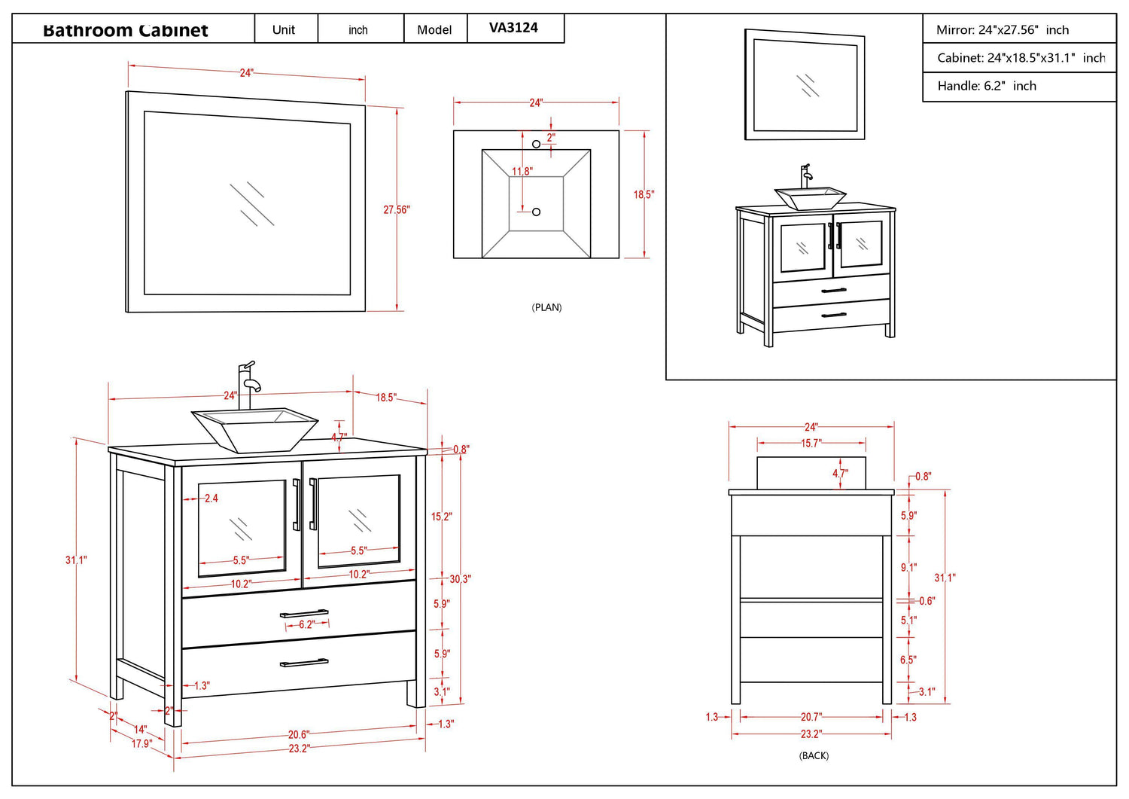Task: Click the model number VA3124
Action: pos(513,28)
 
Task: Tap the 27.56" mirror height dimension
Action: pos(397,209)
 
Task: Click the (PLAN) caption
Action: pos(546,307)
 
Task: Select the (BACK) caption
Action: pos(814,755)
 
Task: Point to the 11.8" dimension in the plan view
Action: pos(522,172)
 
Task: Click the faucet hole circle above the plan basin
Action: pos(536,144)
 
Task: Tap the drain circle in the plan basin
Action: pos(536,212)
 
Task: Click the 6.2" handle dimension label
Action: pos(306,624)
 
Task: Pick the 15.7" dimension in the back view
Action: pos(811,444)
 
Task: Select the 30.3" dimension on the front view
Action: pos(460,579)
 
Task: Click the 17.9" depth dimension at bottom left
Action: pos(142,743)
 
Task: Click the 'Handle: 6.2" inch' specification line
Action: pos(986,86)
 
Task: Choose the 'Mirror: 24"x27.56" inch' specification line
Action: pos(1002,30)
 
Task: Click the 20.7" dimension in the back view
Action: pos(811,717)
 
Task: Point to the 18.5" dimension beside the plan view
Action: pos(644,194)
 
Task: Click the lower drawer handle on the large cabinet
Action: pos(304,663)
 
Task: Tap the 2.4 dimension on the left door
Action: pos(211,499)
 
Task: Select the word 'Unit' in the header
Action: pos(284,29)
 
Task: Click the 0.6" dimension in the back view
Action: pos(927,601)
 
